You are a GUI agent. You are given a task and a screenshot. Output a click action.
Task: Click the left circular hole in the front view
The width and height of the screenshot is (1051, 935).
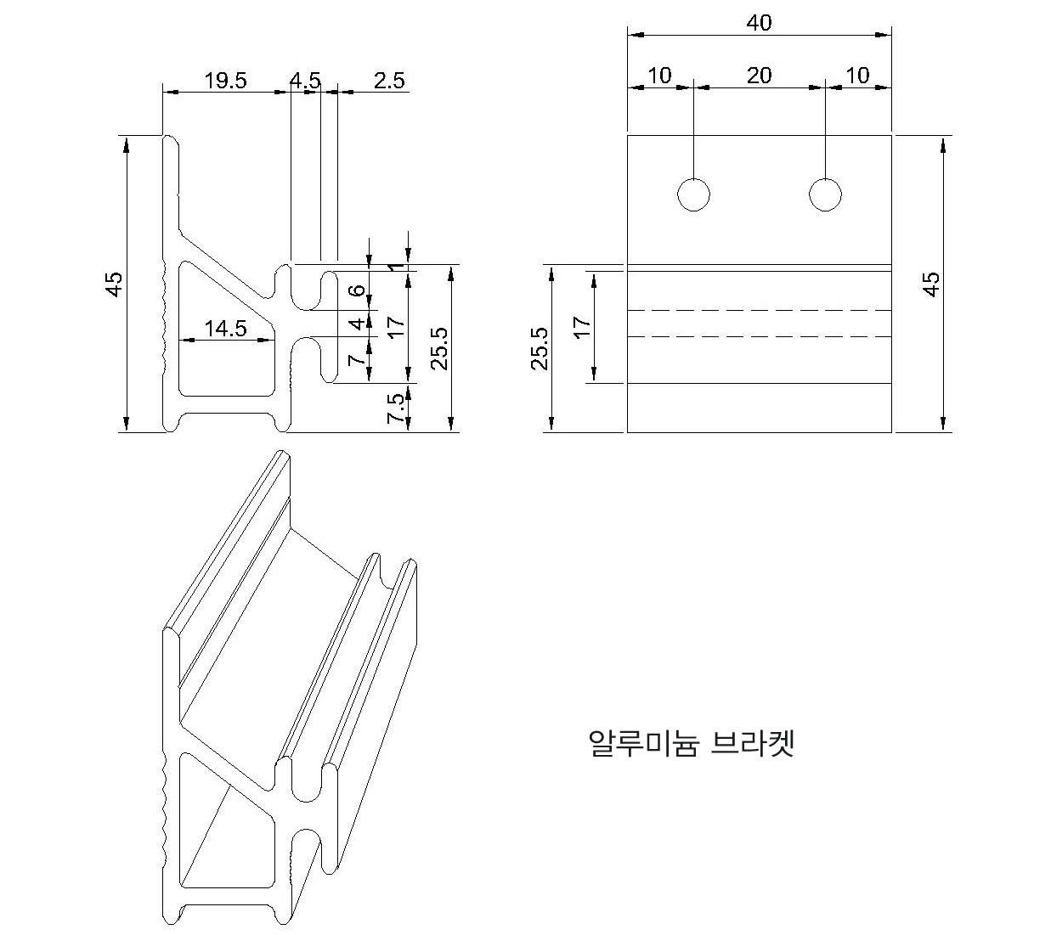pyautogui.click(x=693, y=194)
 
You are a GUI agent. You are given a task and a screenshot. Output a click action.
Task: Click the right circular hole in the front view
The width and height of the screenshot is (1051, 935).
pyautogui.click(x=825, y=194)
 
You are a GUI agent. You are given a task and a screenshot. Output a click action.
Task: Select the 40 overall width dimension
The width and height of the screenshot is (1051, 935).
pyautogui.click(x=759, y=23)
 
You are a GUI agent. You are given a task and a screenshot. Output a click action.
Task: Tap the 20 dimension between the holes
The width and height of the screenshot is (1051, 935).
pyautogui.click(x=759, y=76)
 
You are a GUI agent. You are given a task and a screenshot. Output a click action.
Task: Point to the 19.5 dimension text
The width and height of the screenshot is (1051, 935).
pyautogui.click(x=225, y=81)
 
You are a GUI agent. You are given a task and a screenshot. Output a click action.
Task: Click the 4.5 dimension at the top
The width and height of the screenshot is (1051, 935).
pyautogui.click(x=305, y=81)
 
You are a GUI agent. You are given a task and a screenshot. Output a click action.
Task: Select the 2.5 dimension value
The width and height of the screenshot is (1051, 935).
pyautogui.click(x=389, y=81)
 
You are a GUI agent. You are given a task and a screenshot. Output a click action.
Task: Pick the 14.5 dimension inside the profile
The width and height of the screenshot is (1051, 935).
pyautogui.click(x=225, y=329)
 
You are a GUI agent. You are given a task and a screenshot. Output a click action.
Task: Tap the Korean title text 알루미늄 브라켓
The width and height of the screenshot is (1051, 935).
pyautogui.click(x=691, y=743)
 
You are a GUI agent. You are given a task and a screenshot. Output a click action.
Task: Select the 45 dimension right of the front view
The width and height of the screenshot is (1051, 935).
pyautogui.click(x=931, y=284)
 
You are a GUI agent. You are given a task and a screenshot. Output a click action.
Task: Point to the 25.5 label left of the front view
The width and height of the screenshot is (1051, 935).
pyautogui.click(x=540, y=348)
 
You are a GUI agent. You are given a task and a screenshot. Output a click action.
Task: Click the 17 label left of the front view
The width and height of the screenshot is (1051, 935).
pyautogui.click(x=582, y=327)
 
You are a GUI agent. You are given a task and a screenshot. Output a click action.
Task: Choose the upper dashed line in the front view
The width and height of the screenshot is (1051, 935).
pyautogui.click(x=759, y=311)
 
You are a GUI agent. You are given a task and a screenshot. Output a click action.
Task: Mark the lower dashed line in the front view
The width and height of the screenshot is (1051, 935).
pyautogui.click(x=759, y=337)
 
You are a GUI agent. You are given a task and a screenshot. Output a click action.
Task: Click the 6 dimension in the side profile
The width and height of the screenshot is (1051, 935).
pyautogui.click(x=359, y=290)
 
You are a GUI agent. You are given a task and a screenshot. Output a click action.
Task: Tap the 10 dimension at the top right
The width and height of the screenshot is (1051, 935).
pyautogui.click(x=858, y=76)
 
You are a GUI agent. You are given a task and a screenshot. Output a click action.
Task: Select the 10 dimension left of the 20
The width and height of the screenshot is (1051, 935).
pyautogui.click(x=659, y=76)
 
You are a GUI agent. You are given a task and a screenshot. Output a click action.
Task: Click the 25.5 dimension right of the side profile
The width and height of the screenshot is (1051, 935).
pyautogui.click(x=438, y=348)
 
